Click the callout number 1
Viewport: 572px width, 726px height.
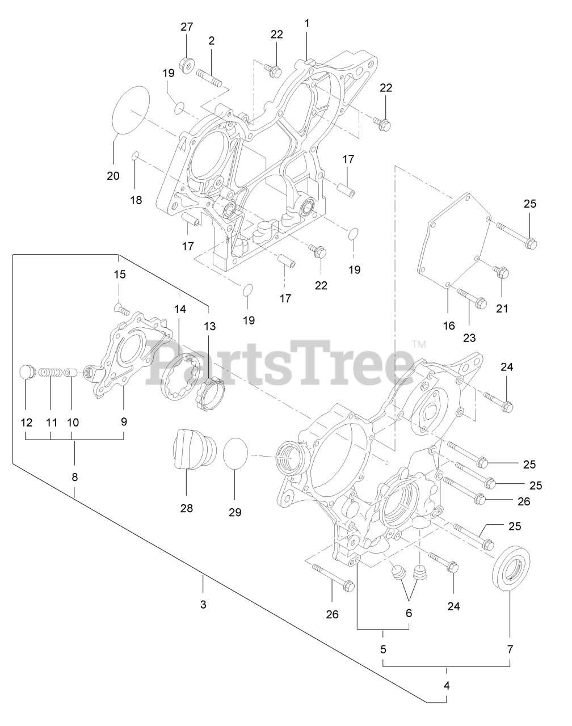(307, 23)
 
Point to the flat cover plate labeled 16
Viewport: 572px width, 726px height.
(455, 242)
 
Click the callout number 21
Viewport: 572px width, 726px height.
(502, 309)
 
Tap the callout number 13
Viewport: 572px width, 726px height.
(210, 326)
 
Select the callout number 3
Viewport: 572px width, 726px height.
(203, 604)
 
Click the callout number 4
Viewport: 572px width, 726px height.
(447, 685)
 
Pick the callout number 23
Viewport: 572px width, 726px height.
(469, 337)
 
